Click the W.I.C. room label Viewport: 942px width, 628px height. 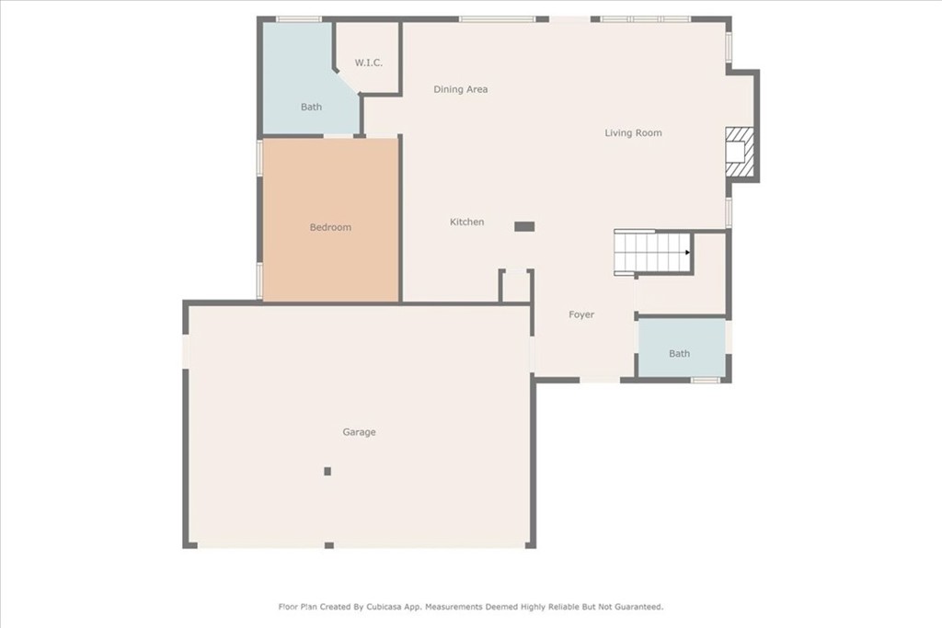[368, 63]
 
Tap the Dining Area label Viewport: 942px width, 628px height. [461, 89]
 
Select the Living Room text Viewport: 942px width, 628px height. [633, 132]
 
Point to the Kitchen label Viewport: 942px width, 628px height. [466, 223]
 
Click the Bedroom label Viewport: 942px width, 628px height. [330, 227]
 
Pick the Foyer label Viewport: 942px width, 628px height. [581, 314]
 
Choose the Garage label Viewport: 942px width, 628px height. [360, 431]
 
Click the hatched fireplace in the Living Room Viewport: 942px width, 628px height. [740, 152]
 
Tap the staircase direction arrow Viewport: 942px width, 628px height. [687, 252]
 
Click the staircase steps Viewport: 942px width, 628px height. [651, 252]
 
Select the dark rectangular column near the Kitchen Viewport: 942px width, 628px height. [524, 226]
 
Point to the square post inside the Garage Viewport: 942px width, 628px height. [327, 472]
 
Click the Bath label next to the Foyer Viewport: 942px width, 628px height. [680, 354]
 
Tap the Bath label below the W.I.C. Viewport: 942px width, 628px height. [311, 107]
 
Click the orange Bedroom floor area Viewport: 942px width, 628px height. [331, 220]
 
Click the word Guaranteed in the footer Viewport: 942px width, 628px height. [635, 607]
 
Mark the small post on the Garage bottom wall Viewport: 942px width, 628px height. [329, 545]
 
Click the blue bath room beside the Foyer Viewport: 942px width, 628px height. [682, 348]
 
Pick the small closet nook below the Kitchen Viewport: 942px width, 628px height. [516, 286]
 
